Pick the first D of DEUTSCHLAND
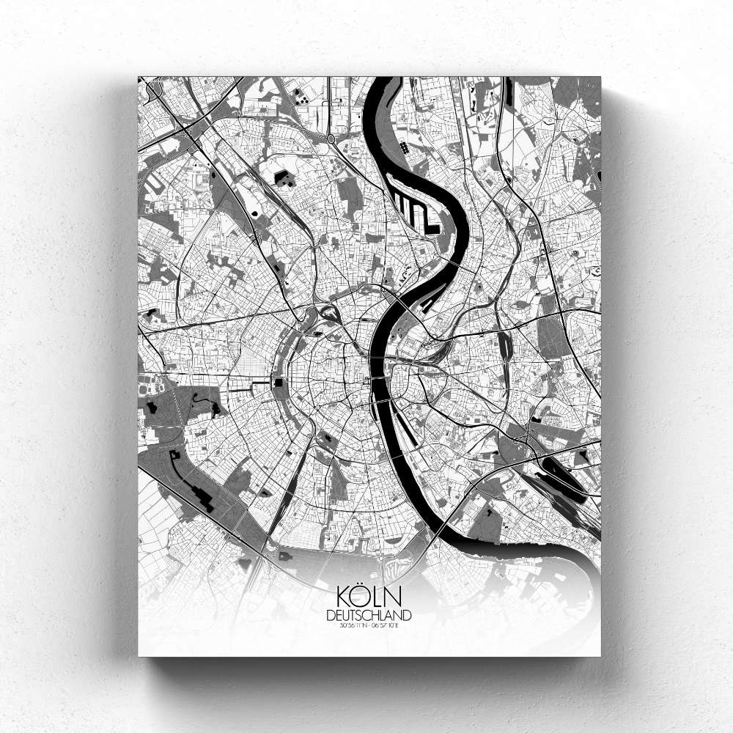[x=333, y=614]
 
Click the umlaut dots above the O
[x=363, y=585]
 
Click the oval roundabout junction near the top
[x=331, y=137]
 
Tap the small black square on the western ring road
[x=279, y=383]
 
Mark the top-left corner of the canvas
[x=139, y=77]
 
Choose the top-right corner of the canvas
[x=600, y=77]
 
